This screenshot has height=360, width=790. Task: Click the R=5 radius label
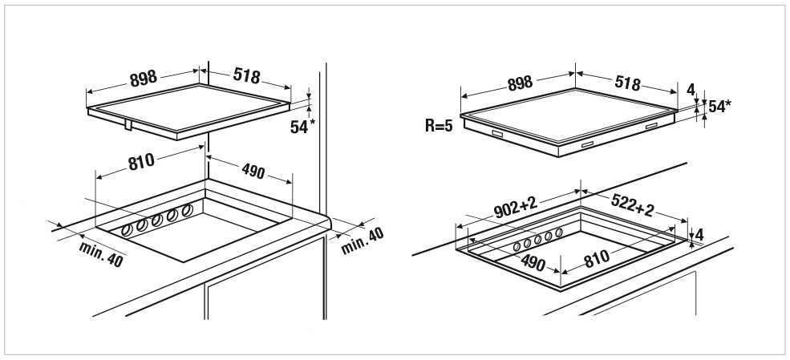coord(439,126)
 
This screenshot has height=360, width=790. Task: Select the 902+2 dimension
coord(516,208)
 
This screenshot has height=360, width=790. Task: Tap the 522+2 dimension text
coord(632,205)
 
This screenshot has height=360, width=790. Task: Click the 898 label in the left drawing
coord(144,78)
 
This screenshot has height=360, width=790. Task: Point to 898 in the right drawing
coord(520,83)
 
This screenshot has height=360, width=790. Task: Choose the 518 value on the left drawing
coord(246,75)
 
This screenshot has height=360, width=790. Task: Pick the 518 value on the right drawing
coord(626,83)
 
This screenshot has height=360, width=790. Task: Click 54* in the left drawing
coord(302,127)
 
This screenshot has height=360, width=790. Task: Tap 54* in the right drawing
coord(719,107)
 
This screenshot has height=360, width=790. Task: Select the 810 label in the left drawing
coord(141,162)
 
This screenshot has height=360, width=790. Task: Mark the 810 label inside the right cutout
coord(597,258)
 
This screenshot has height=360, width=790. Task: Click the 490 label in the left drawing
coord(253,172)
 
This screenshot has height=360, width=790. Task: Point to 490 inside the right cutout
coord(533,263)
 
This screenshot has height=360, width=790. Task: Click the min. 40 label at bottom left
coord(101,253)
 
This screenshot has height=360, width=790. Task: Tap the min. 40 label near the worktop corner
coord(363,241)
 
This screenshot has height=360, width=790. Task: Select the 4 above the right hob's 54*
coord(691,90)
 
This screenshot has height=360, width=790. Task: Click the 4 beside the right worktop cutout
coord(699,235)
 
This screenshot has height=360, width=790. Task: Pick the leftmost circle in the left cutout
coord(127,231)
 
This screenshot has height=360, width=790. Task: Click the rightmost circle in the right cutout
coord(559,233)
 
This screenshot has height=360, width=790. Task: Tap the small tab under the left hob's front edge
coord(129,124)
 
